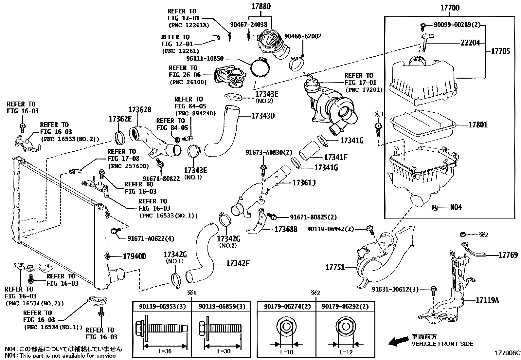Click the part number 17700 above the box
(450, 8)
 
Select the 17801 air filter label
(478, 125)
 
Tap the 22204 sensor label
(470, 43)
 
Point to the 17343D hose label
(263, 116)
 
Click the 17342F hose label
(238, 263)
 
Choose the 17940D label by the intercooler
(135, 256)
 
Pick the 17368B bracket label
(286, 230)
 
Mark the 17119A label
(487, 300)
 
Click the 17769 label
(508, 255)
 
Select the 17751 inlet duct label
(335, 267)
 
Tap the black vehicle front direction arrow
(397, 342)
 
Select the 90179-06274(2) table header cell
(286, 307)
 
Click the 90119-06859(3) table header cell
(222, 307)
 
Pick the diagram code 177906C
(507, 353)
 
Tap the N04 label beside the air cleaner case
(456, 207)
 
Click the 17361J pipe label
(304, 183)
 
